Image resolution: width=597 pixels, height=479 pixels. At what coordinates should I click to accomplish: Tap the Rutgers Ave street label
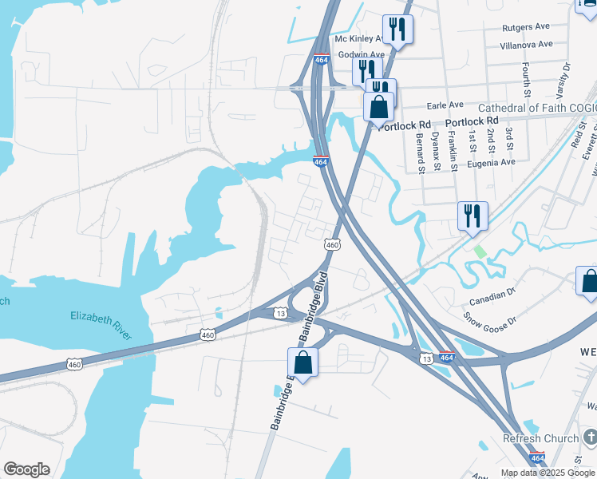point(527,28)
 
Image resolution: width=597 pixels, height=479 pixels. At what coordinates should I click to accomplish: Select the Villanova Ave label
point(526,46)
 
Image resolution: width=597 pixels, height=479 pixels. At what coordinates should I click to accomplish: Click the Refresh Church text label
point(539,438)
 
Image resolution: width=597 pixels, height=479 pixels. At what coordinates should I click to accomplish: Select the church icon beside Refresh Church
point(590,437)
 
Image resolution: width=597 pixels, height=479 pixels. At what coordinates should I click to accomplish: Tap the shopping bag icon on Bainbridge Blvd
point(303,362)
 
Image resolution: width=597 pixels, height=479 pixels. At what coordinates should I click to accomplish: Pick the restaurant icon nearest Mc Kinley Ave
point(397,30)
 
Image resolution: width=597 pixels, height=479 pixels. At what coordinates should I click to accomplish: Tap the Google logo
point(26,469)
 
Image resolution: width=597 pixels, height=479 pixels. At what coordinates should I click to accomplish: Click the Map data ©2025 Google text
point(548,473)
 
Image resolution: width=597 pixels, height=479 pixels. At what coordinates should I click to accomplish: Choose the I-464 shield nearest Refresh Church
point(538,458)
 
